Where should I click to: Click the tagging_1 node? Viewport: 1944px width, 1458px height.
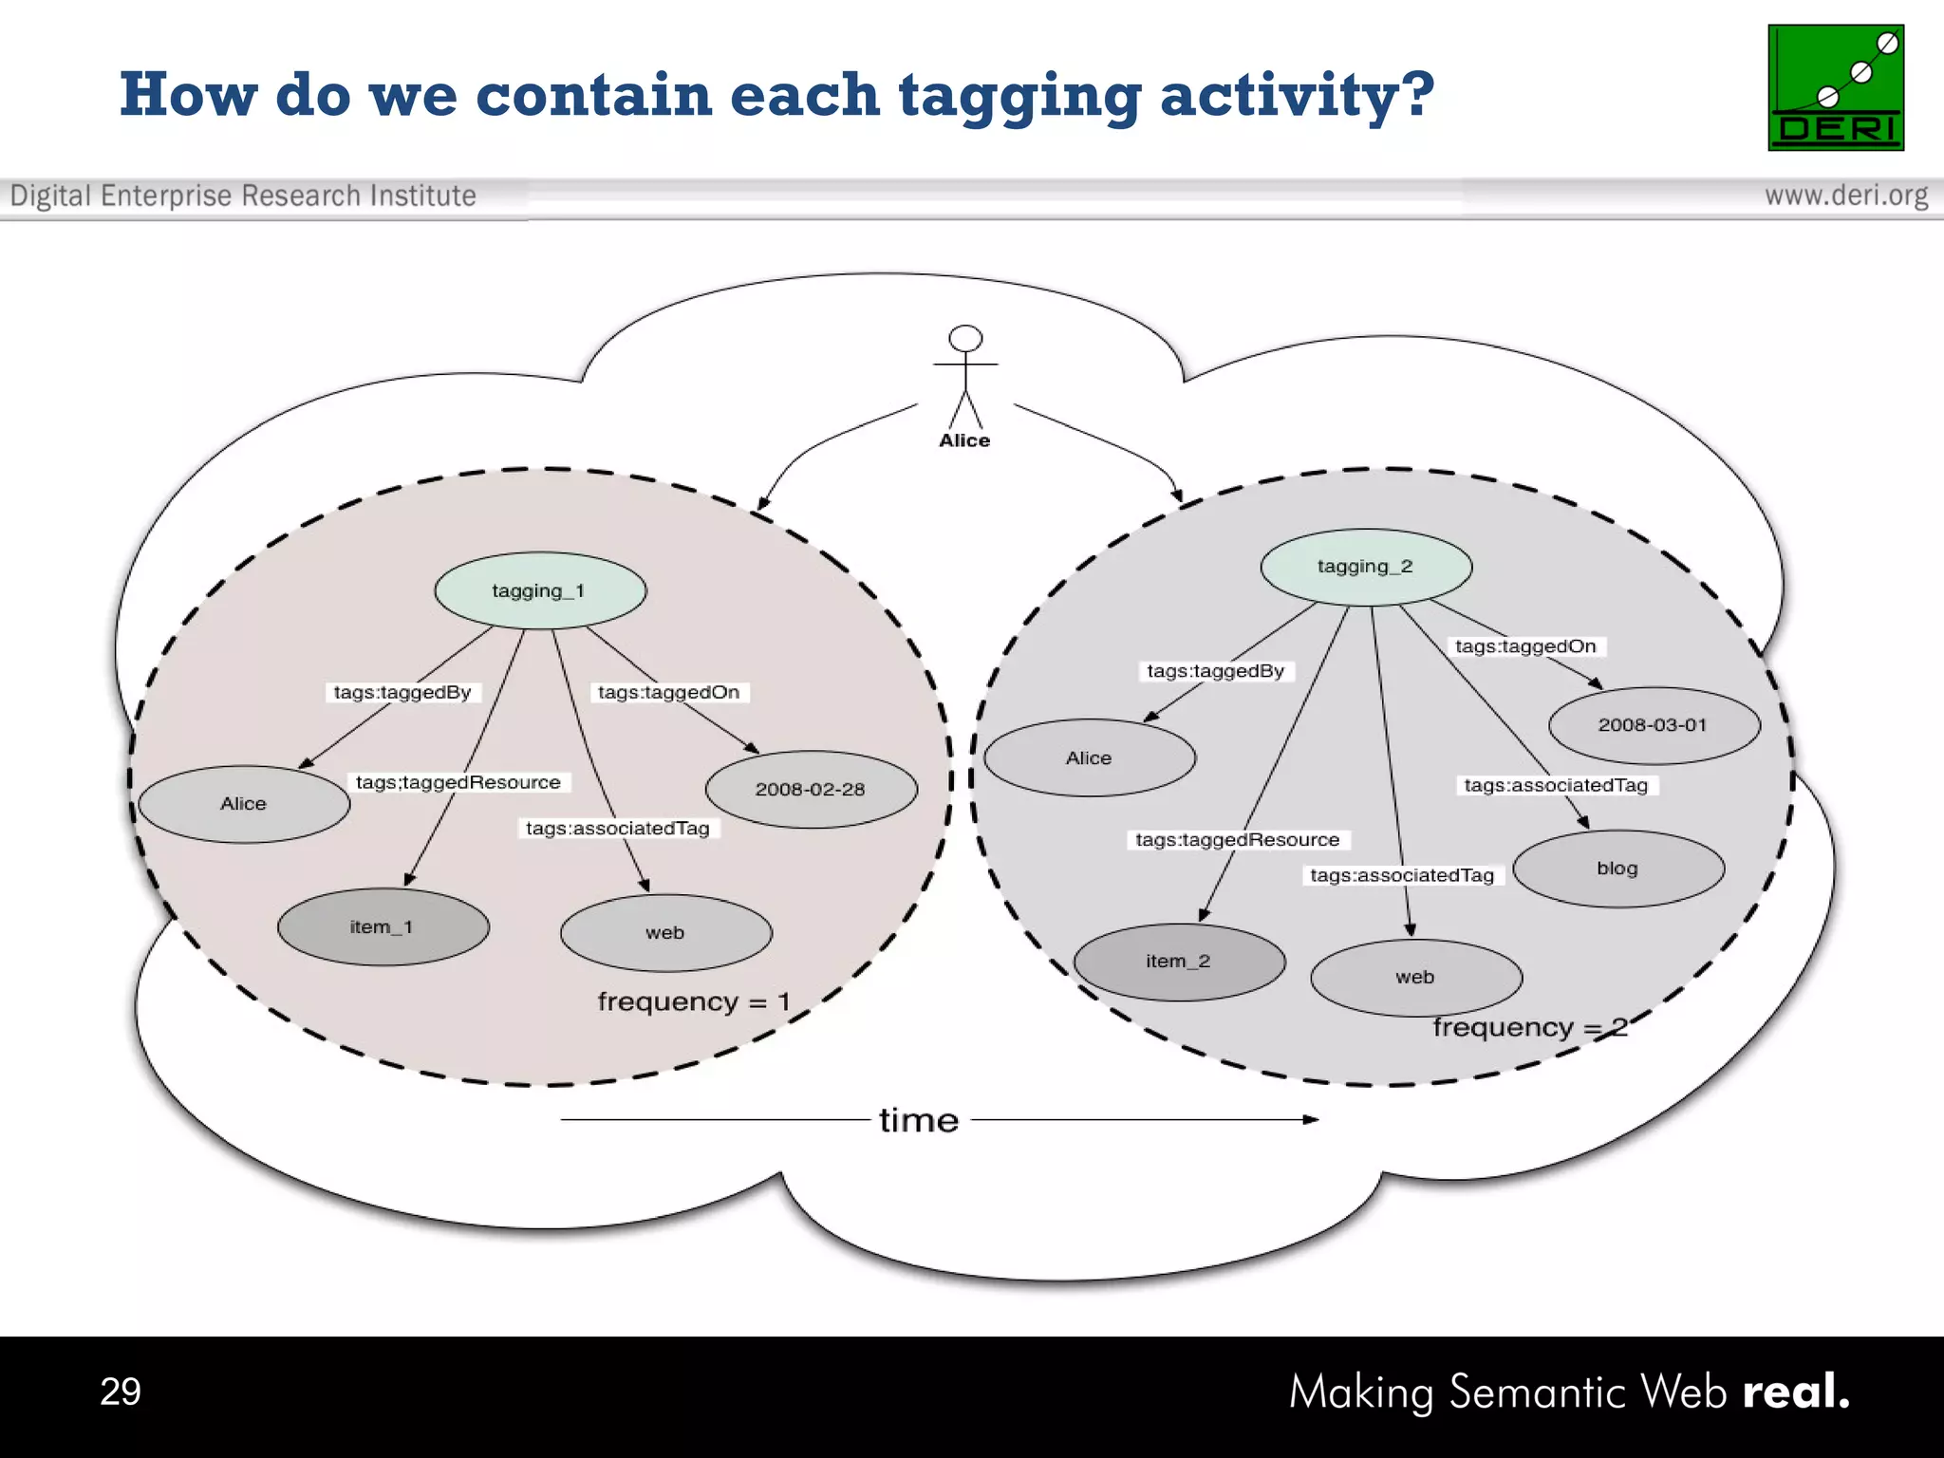point(539,590)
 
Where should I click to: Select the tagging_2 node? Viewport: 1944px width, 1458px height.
point(1365,567)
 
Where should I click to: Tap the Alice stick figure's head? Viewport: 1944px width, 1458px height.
point(965,339)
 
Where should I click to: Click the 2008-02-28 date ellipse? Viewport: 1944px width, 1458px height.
point(811,790)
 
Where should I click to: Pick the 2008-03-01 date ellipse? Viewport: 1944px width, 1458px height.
point(1653,725)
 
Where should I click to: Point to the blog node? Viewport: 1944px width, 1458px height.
point(1617,869)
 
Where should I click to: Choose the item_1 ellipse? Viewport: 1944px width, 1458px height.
point(383,927)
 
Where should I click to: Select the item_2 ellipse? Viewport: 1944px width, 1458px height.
point(1178,962)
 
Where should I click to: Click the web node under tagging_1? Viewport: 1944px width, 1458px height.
point(665,933)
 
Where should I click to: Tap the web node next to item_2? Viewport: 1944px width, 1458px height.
point(1415,978)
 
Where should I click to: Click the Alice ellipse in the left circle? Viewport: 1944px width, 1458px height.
point(244,804)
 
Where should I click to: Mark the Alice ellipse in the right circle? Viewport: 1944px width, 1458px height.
point(1089,757)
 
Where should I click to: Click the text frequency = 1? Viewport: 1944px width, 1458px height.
point(693,1002)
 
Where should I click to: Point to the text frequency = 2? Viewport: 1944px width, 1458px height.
point(1529,1028)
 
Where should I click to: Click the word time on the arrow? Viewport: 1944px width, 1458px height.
point(919,1121)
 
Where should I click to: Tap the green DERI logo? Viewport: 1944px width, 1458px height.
point(1835,88)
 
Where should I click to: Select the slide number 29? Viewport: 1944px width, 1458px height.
point(121,1392)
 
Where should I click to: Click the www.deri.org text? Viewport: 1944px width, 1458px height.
point(1845,196)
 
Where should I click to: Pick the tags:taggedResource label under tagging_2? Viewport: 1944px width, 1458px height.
point(1237,840)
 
